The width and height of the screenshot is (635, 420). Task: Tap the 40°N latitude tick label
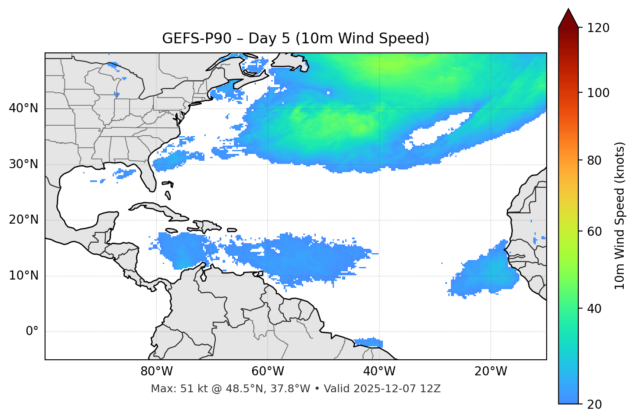(23, 108)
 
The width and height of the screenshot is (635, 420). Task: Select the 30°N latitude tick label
(23, 164)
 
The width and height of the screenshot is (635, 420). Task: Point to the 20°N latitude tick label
(23, 220)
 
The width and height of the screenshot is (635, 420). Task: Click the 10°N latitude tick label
(23, 276)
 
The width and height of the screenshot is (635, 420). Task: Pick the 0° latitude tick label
(32, 332)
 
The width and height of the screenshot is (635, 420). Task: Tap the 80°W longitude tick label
(156, 371)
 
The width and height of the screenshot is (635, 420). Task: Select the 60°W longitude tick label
(268, 371)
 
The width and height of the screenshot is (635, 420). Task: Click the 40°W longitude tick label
(379, 371)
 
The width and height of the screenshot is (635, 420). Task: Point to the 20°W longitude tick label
(491, 371)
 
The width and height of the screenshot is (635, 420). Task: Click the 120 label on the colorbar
(598, 28)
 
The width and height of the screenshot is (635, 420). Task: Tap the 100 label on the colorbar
(598, 93)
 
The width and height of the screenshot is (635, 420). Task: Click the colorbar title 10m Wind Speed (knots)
(620, 216)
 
